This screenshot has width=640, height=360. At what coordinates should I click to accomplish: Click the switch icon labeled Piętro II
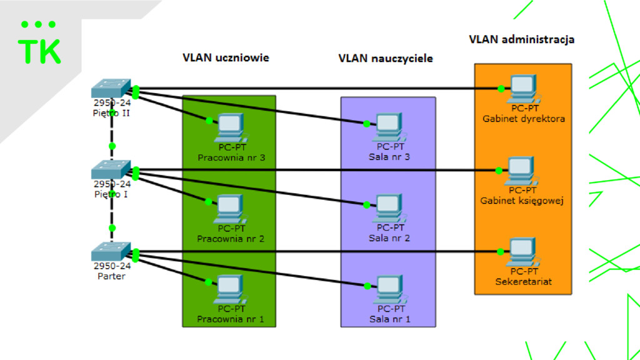[111, 88]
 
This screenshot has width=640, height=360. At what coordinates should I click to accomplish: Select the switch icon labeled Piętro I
[111, 169]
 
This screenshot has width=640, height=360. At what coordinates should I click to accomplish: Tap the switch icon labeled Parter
[111, 251]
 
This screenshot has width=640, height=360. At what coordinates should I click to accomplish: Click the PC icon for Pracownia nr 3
[231, 127]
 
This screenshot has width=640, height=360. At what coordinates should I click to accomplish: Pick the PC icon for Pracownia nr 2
[231, 209]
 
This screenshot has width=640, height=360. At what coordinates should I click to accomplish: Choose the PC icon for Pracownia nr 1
[231, 289]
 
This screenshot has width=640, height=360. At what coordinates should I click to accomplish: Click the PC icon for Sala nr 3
[389, 127]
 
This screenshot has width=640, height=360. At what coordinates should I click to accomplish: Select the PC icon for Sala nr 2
[389, 208]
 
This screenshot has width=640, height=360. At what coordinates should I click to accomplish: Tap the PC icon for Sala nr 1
[390, 289]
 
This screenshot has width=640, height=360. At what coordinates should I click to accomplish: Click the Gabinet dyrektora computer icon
[524, 89]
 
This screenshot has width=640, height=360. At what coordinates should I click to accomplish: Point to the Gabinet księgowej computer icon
[521, 171]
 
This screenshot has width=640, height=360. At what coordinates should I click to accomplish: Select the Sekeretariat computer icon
[523, 252]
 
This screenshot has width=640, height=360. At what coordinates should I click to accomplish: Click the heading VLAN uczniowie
[226, 57]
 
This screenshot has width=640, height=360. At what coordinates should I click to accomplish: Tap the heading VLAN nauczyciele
[385, 58]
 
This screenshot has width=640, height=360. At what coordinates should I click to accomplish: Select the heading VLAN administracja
[522, 39]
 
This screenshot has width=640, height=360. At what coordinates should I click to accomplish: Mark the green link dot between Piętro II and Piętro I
[112, 146]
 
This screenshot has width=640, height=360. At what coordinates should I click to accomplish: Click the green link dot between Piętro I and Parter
[112, 227]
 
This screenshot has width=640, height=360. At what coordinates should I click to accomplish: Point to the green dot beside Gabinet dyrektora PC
[501, 89]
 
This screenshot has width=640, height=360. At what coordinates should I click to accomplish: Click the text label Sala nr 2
[389, 238]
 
